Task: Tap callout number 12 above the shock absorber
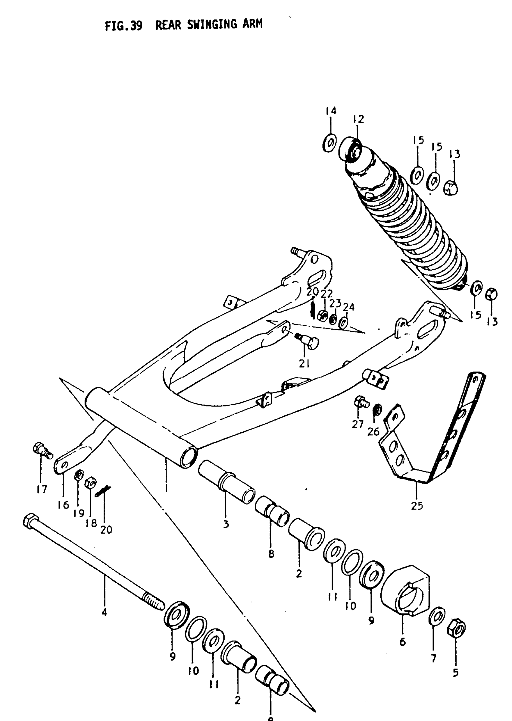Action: pyautogui.click(x=358, y=119)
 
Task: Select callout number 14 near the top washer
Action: pyautogui.click(x=331, y=111)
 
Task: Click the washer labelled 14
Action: pyautogui.click(x=329, y=143)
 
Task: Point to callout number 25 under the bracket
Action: pyautogui.click(x=417, y=506)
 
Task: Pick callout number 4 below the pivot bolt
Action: pyautogui.click(x=104, y=612)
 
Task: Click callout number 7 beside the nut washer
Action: pyautogui.click(x=433, y=658)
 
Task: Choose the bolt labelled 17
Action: pyautogui.click(x=41, y=450)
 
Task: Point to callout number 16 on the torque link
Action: pyautogui.click(x=63, y=505)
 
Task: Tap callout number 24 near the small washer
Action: pyautogui.click(x=349, y=306)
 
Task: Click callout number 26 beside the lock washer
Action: pyautogui.click(x=373, y=431)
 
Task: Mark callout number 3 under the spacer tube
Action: pyautogui.click(x=226, y=524)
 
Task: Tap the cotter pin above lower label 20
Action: pyautogui.click(x=104, y=491)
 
